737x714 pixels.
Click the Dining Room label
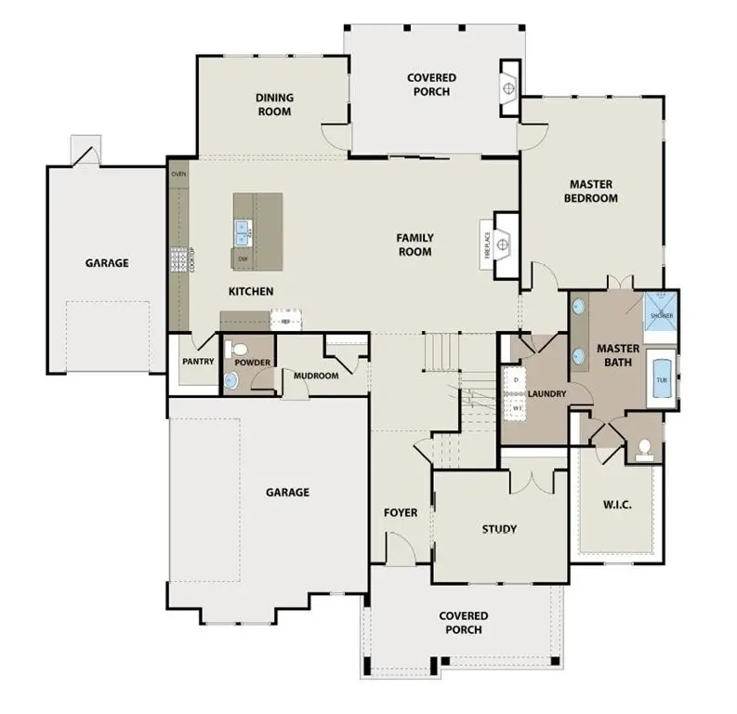tap(274, 104)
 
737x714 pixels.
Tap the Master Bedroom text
tap(592, 192)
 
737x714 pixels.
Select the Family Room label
tap(415, 245)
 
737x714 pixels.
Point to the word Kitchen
tap(251, 292)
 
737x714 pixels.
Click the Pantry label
tap(198, 362)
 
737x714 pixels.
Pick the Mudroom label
tap(315, 376)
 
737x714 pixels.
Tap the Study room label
tap(499, 530)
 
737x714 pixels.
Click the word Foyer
tap(401, 512)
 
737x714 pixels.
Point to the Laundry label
tap(546, 394)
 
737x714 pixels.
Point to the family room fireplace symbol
tap(502, 245)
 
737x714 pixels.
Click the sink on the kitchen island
tap(243, 228)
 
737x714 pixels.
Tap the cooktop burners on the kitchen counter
tap(177, 258)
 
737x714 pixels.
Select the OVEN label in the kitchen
tap(178, 173)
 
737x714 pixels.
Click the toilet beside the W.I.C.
tap(643, 449)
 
